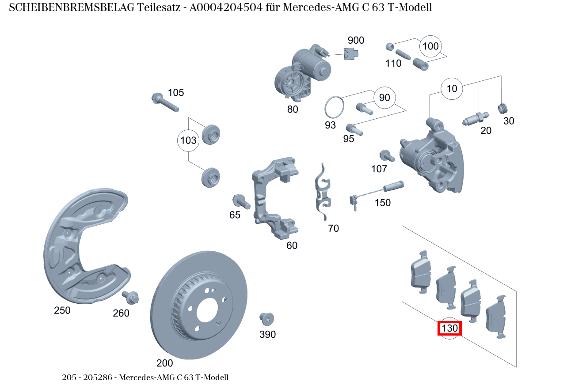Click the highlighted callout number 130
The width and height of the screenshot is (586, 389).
pos(449,329)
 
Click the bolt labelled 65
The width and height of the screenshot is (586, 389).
pos(241,202)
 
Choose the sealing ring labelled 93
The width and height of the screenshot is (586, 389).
pos(335,107)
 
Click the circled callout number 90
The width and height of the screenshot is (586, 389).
pos(385,98)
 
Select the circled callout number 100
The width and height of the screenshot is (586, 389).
pos(430,46)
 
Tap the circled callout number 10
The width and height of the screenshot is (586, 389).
pos(452,89)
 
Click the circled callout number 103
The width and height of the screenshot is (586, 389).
pos(189,141)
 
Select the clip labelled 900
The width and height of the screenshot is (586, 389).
pos(351,54)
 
